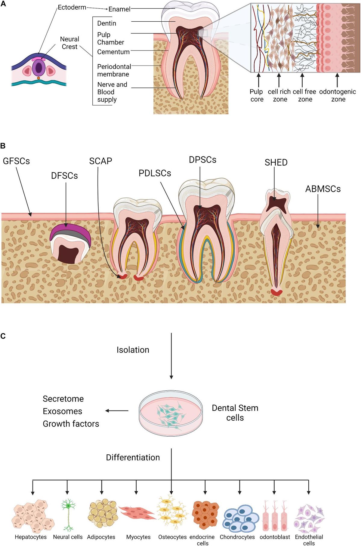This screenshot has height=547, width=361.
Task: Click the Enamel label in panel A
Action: click(119, 9)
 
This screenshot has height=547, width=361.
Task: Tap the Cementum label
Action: click(113, 52)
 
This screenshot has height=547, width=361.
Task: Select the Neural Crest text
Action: click(69, 43)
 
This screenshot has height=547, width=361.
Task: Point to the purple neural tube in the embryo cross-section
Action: click(39, 68)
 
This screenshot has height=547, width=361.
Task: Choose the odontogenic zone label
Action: click(338, 95)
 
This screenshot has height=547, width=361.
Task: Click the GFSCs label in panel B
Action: click(16, 161)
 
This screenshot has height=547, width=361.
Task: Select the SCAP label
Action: click(100, 161)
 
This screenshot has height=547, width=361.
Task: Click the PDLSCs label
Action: click(155, 173)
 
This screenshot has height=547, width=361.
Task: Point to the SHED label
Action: click(276, 162)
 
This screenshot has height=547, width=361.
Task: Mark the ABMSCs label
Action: click(323, 189)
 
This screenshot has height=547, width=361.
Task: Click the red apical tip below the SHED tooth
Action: click(276, 291)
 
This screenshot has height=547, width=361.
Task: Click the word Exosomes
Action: click(62, 411)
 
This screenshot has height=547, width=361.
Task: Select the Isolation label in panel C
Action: click(133, 350)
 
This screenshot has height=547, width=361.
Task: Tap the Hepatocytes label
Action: click(31, 537)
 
